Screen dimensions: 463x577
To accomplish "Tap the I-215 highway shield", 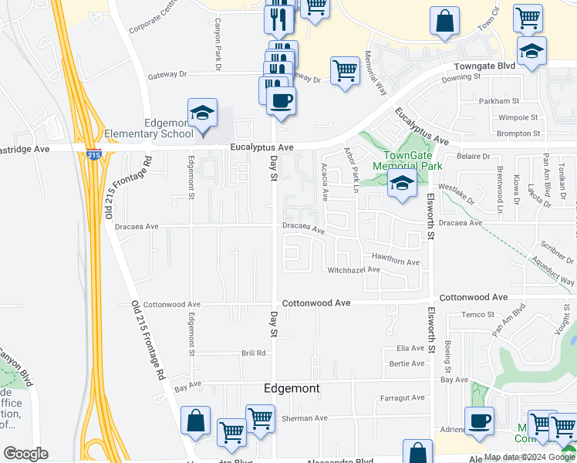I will tap(93, 154).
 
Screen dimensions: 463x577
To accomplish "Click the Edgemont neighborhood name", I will tap(292, 388).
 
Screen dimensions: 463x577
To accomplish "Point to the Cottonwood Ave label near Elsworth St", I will tap(473, 297).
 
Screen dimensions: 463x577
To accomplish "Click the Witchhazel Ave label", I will tap(354, 270).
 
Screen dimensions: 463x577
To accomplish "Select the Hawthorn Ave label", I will tap(396, 262).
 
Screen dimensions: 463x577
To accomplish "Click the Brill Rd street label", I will tap(253, 353).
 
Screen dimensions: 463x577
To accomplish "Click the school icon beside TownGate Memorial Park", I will tap(402, 185).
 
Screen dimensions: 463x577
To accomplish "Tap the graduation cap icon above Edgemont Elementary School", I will tap(202, 114).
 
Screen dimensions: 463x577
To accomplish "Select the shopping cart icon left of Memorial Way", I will tap(345, 70).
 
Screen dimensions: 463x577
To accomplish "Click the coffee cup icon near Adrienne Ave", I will tap(479, 423).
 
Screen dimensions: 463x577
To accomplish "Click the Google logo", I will tap(25, 454).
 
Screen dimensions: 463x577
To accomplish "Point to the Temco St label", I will tap(477, 314).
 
